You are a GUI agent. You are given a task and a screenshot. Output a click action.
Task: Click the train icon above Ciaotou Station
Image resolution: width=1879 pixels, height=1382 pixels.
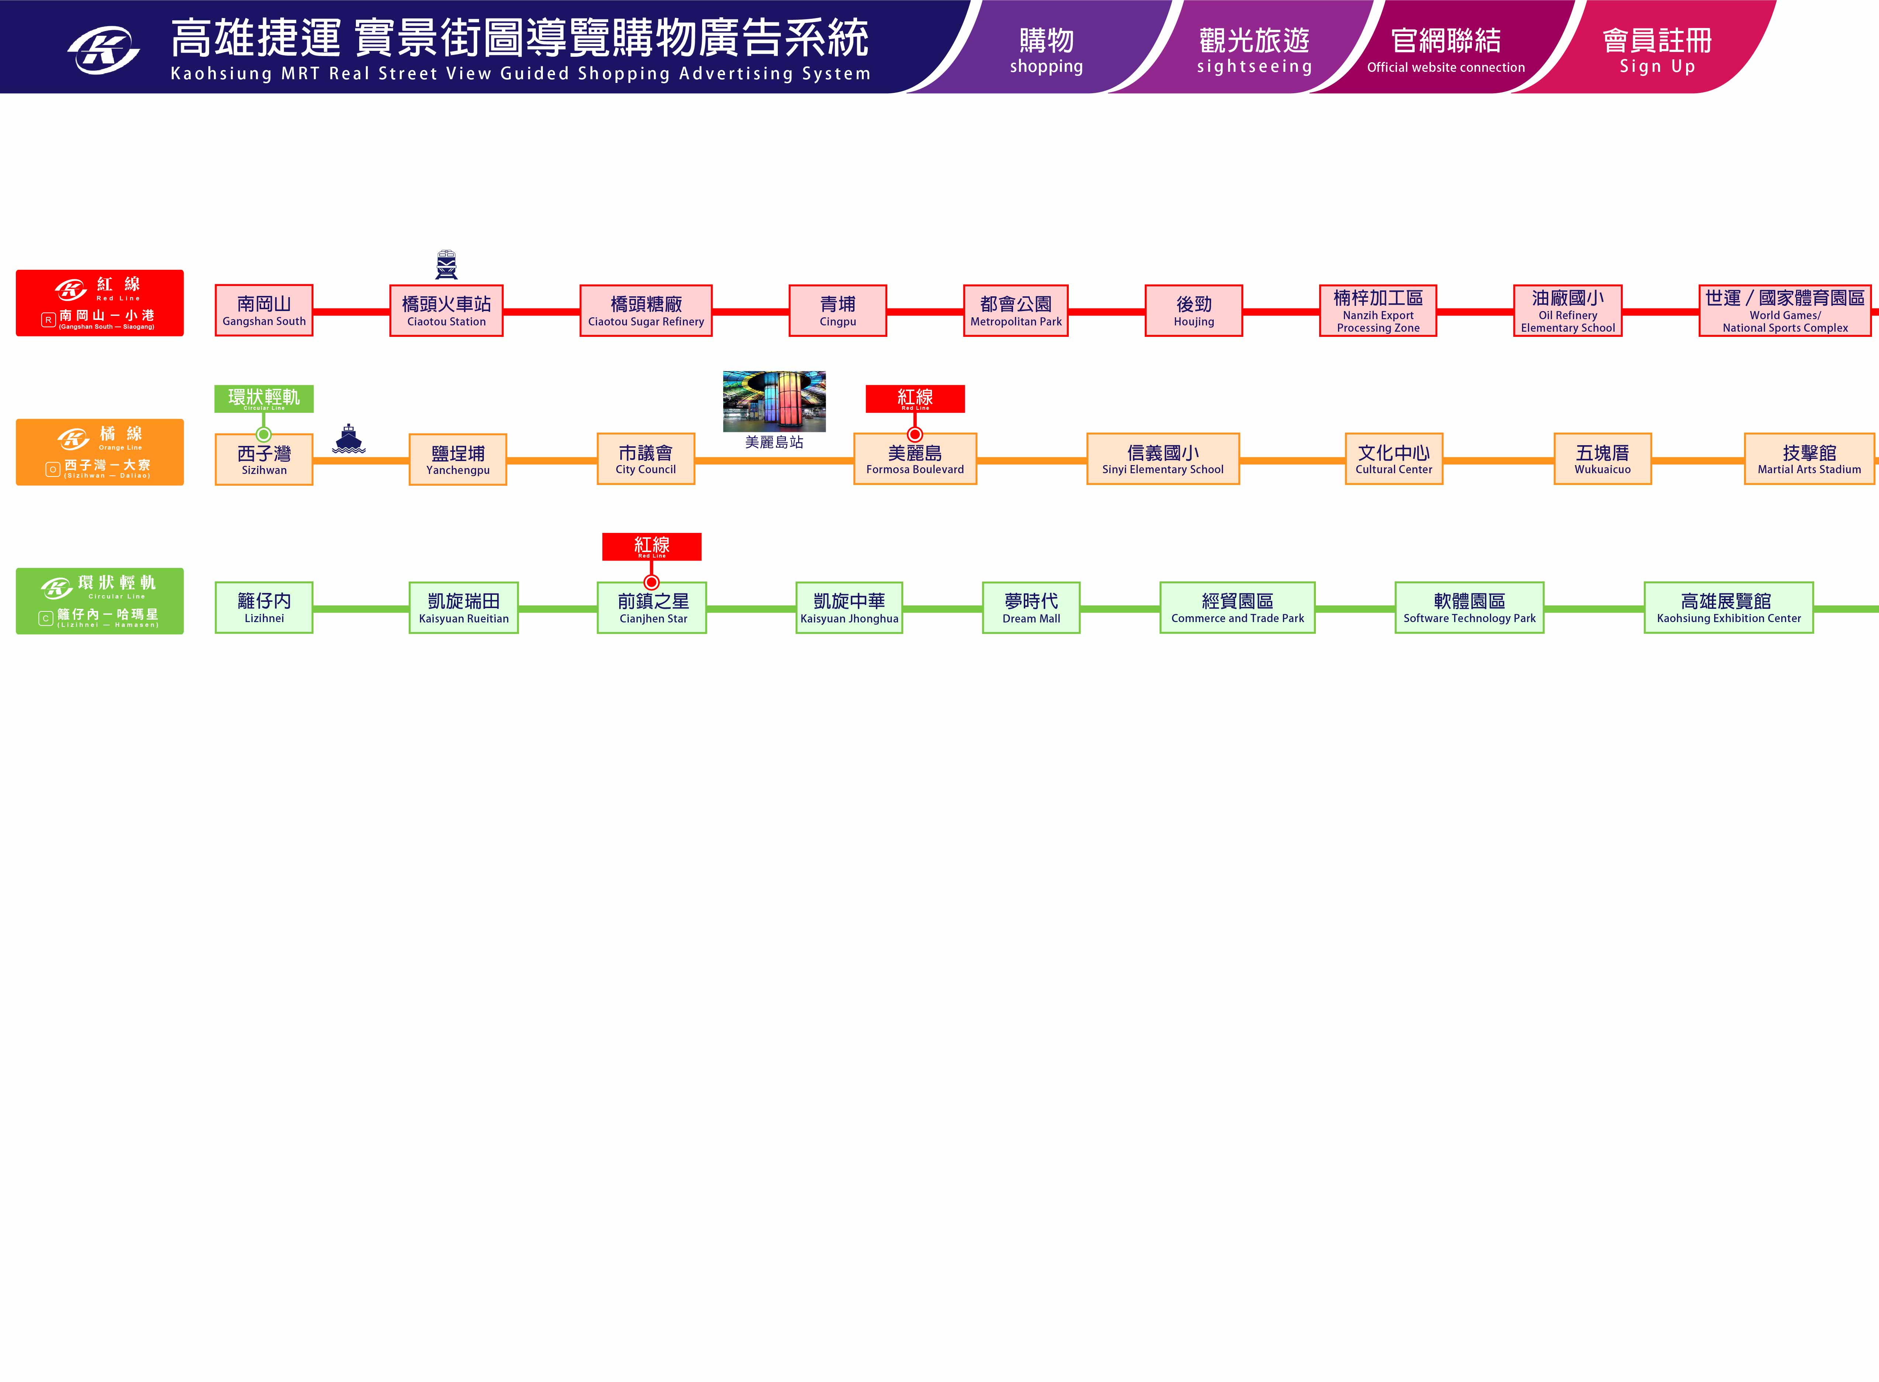[446, 264]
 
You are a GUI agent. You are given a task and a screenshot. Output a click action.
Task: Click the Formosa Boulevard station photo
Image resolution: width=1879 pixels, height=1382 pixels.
[774, 402]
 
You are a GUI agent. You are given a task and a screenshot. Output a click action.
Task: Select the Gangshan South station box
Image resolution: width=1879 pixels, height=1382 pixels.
[264, 310]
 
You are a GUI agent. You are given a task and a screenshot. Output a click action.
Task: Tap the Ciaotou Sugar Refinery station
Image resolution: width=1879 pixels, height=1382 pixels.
[645, 310]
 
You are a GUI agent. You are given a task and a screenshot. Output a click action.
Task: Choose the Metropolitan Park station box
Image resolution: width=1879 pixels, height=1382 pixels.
[1015, 310]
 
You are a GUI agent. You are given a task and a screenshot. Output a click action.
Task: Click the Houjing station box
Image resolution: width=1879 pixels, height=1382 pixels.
[1193, 310]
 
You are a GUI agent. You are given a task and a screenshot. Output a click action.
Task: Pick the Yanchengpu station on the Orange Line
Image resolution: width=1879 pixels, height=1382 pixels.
[458, 459]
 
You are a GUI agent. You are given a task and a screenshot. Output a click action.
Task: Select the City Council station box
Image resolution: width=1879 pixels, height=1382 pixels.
[645, 458]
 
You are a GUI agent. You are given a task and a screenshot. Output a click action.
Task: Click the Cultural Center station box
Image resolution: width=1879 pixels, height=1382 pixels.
[1394, 458]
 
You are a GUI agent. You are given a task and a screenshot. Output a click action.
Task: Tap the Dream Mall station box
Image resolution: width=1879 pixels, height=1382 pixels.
[1031, 607]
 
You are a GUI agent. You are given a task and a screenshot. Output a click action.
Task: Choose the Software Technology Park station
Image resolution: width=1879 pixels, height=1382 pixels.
[1469, 607]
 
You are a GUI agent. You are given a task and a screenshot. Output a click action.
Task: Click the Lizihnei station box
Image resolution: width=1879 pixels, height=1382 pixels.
[264, 607]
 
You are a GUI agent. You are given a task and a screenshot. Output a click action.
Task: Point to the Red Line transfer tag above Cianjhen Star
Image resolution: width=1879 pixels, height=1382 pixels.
[651, 546]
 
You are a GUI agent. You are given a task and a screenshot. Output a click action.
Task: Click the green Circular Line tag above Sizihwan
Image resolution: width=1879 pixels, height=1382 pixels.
[264, 398]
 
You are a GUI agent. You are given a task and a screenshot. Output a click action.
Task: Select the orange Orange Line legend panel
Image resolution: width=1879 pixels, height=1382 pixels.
[100, 452]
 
